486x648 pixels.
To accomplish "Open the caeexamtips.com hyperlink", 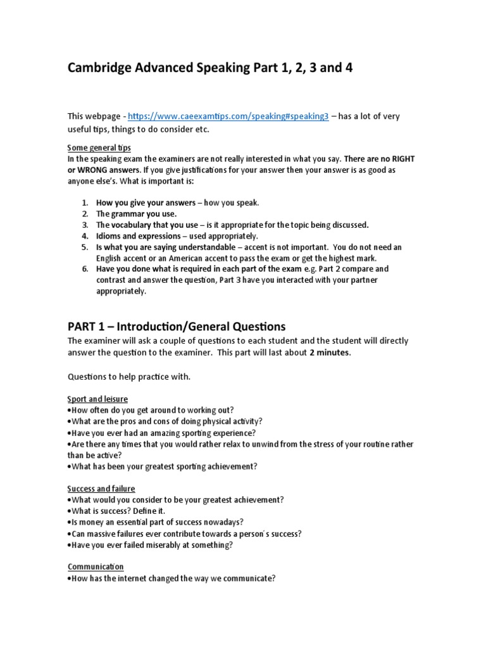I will [x=228, y=117].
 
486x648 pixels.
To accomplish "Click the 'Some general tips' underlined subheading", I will [x=99, y=147].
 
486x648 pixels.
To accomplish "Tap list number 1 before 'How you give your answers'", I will [x=85, y=202].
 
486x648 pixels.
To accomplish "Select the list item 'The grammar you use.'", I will [x=136, y=214].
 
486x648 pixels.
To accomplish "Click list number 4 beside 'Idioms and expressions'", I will [x=85, y=236].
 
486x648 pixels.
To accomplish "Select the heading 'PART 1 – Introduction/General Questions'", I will [x=177, y=327].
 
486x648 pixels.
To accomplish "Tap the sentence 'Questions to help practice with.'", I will [x=128, y=377].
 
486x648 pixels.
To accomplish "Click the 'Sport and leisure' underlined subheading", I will [x=97, y=399].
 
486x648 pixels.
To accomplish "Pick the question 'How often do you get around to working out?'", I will [x=152, y=410].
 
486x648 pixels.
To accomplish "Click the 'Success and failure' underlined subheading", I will [x=101, y=489].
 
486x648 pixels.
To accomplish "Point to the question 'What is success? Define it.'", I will [x=120, y=511].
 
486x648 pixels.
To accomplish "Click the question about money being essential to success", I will [x=156, y=523].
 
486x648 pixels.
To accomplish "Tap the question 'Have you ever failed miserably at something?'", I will [x=152, y=545].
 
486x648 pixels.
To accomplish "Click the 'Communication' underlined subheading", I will [x=96, y=567].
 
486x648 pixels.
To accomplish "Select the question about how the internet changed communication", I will [x=173, y=578].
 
